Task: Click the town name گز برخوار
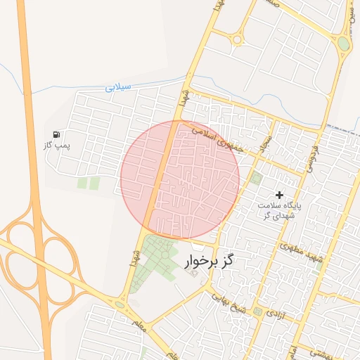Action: (208, 262)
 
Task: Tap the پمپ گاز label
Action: (68, 144)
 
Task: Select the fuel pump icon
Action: (56, 134)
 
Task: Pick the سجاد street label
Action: (266, 145)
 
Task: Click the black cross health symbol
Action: (279, 194)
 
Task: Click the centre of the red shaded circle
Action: (180, 179)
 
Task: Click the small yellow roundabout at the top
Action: (238, 39)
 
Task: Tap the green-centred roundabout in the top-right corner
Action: (343, 44)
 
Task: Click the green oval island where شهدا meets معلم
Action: (120, 304)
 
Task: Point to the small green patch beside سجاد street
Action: (256, 178)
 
